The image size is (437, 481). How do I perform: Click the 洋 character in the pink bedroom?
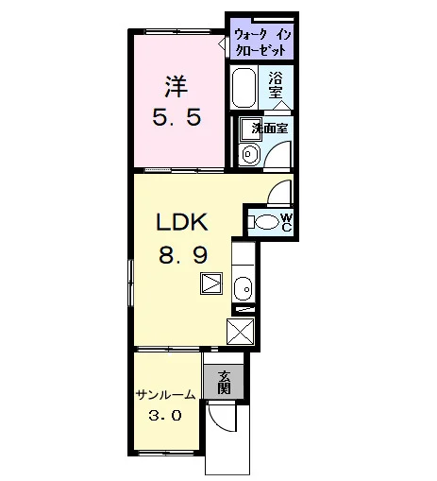click(x=176, y=87)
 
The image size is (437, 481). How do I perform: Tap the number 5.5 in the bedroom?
click(x=176, y=117)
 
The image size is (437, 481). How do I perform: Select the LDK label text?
click(x=182, y=222)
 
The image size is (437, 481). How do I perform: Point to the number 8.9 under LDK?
click(x=183, y=255)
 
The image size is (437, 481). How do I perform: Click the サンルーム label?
click(x=165, y=394)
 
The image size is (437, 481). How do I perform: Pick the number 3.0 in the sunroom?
click(x=165, y=416)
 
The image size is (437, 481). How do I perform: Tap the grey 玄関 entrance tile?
click(x=224, y=382)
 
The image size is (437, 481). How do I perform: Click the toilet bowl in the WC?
click(x=266, y=222)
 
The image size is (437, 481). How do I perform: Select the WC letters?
click(x=287, y=222)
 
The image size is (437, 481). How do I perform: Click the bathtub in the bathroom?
click(x=244, y=88)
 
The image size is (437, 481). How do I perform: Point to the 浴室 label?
click(x=276, y=85)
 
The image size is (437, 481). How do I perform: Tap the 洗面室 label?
click(x=270, y=129)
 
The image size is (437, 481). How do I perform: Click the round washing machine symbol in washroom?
click(x=249, y=154)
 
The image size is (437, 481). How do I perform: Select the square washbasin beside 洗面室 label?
click(x=248, y=129)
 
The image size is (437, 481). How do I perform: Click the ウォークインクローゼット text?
click(x=263, y=43)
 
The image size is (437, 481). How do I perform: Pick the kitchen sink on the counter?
click(x=244, y=289)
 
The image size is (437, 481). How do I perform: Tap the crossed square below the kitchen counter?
click(x=241, y=331)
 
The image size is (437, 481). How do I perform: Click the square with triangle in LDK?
click(x=211, y=283)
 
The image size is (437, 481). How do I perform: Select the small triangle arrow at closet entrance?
click(x=222, y=43)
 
